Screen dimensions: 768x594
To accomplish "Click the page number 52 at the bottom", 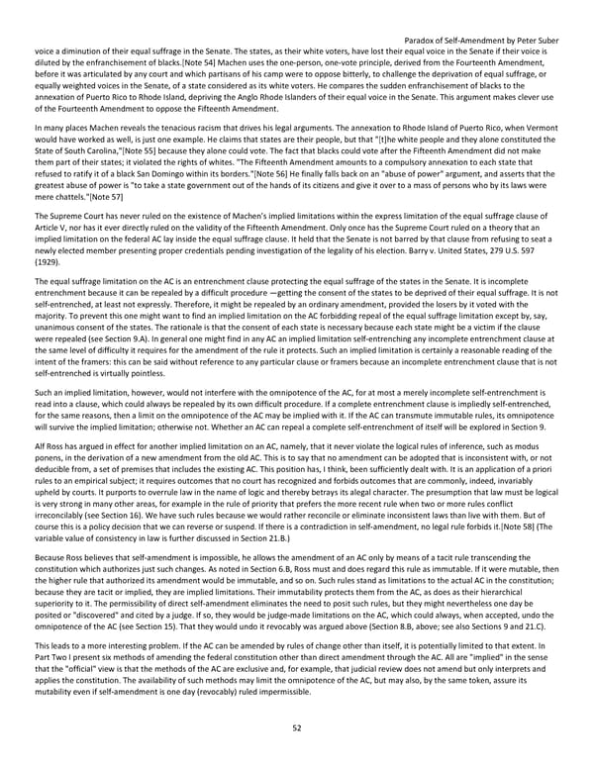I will (x=296, y=729).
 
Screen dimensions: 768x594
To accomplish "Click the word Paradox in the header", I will (x=425, y=41).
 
